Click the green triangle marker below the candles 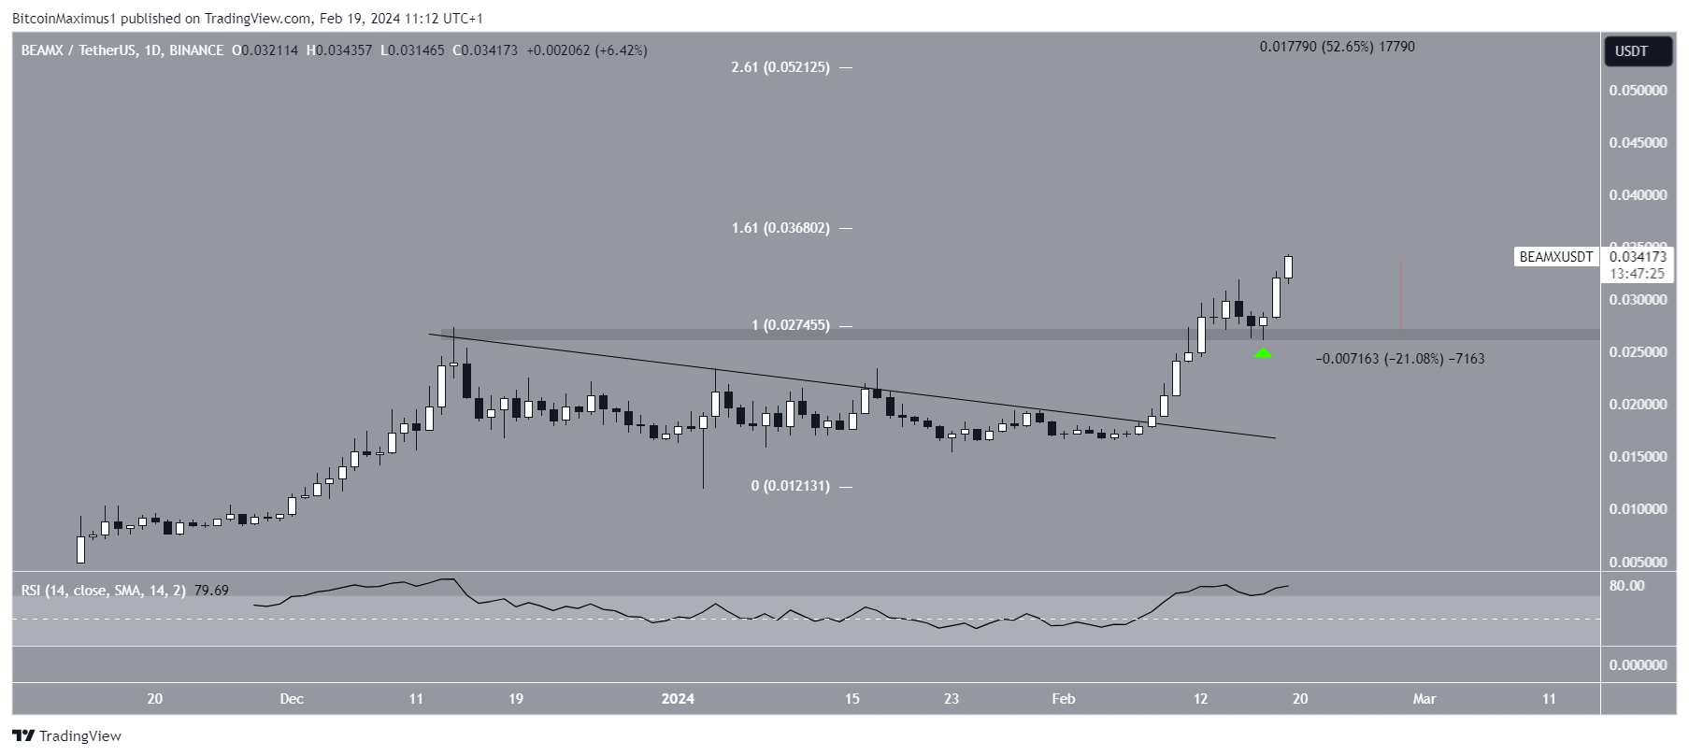point(1263,352)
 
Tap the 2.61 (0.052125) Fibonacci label point(780,67)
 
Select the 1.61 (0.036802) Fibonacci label point(780,228)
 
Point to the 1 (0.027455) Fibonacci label point(790,325)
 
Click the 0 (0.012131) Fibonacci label point(790,486)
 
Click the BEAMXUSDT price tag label point(1556,257)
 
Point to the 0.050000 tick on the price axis point(1638,91)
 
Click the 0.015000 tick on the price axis point(1638,457)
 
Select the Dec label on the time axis point(292,698)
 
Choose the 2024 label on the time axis point(678,698)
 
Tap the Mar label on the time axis point(1424,698)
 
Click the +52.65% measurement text point(1337,47)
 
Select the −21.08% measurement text point(1399,359)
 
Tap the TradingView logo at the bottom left point(67,735)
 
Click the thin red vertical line point(1400,293)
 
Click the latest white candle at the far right point(1289,267)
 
